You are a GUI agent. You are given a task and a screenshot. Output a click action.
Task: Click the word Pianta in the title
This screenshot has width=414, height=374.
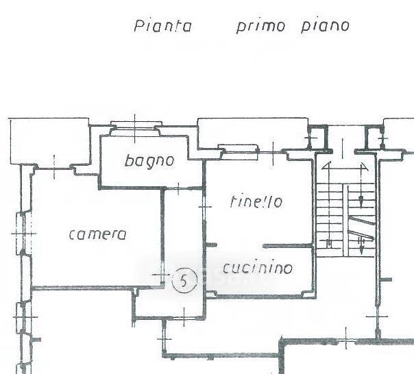coord(162,27)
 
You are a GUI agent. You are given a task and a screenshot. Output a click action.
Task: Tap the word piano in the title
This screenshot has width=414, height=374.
coord(325,26)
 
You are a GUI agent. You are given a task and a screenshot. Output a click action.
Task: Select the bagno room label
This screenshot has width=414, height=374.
coord(149,162)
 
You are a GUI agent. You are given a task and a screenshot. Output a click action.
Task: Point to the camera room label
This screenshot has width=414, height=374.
coord(97,234)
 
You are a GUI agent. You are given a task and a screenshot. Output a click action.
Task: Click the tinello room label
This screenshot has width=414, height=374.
coord(256,202)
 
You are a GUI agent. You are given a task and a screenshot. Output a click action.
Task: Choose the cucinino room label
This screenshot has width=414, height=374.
coord(257,268)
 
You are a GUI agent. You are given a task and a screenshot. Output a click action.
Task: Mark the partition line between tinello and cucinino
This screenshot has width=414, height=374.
coord(289,245)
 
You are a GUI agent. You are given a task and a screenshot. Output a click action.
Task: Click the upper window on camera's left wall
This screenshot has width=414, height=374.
coord(21,234)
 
